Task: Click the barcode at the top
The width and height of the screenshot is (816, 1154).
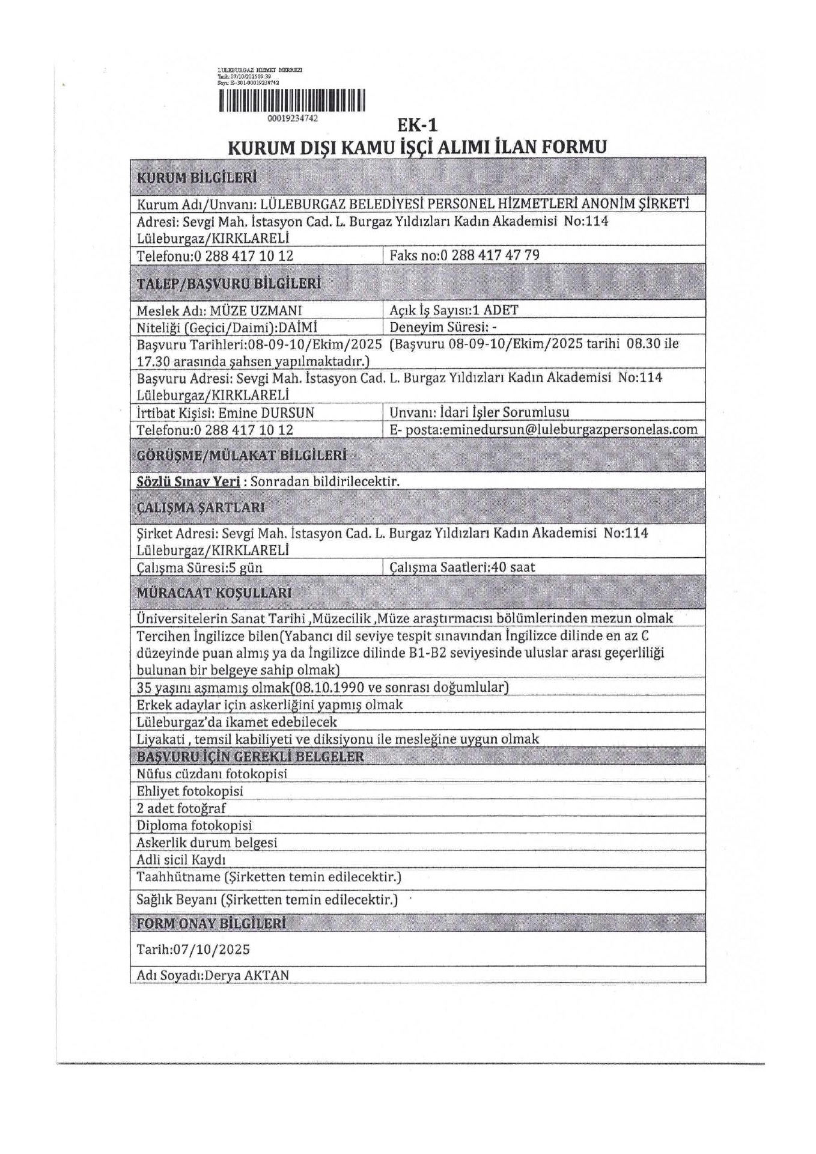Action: pos(292,100)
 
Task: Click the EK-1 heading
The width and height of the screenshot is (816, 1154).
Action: pos(418,125)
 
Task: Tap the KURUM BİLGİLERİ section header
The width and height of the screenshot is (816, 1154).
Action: pos(197,178)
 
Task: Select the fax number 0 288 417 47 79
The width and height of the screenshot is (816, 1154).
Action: pos(490,255)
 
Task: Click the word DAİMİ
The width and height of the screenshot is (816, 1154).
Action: pos(299,328)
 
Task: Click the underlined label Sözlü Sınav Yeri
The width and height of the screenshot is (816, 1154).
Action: pos(188,481)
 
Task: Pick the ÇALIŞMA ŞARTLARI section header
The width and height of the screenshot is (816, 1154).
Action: pos(201,507)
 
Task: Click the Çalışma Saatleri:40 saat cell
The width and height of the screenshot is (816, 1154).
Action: pos(462,567)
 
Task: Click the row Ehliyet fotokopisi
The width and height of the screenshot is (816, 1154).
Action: pos(190,791)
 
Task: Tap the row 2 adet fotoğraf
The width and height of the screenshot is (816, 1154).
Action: pos(181,808)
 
